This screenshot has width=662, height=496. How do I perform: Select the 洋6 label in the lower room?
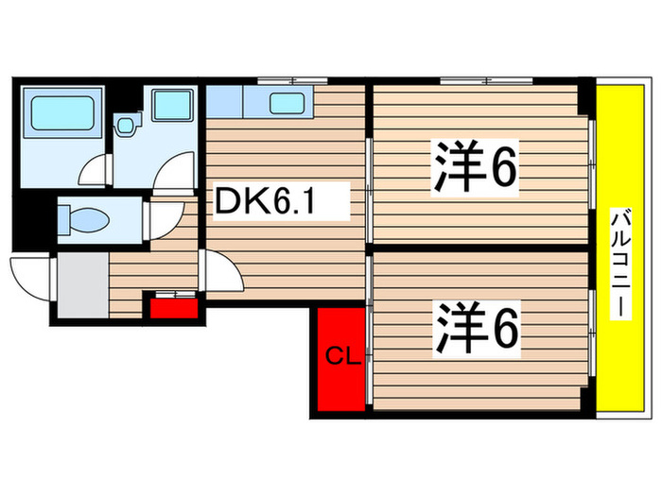[x=477, y=330]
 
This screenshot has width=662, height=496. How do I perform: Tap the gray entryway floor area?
[x=81, y=283]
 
